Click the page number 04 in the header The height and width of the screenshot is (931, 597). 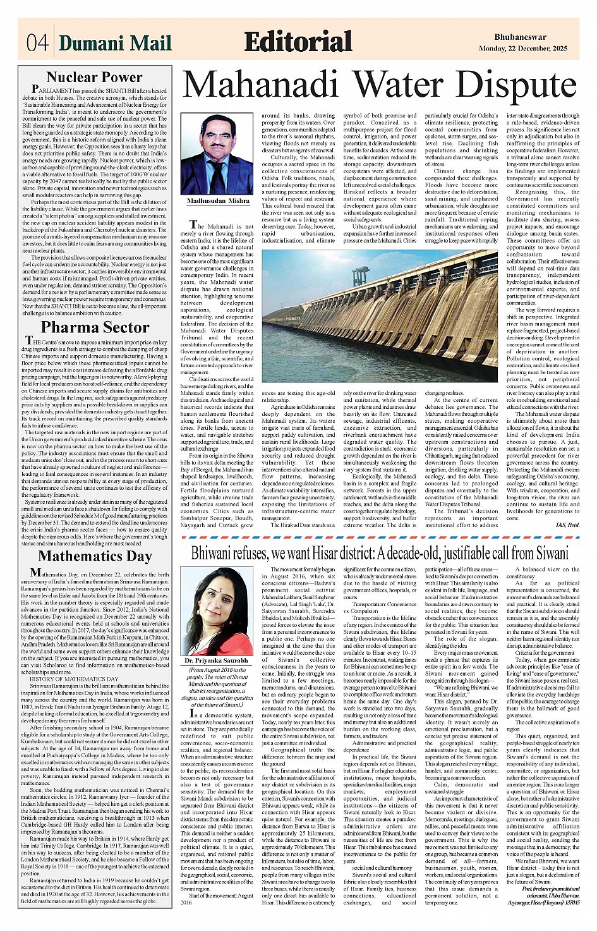(36, 44)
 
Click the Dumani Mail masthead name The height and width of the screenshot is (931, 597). (116, 44)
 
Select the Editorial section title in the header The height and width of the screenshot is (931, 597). (298, 42)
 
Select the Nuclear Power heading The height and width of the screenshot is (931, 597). (95, 78)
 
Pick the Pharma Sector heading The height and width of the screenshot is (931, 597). (95, 327)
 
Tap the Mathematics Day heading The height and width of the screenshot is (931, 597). (95, 556)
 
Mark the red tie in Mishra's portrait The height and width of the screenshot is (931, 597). (217, 174)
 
